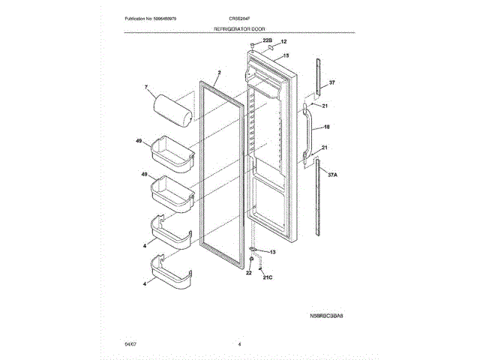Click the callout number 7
[147, 88]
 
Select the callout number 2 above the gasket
[218, 73]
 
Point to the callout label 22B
[267, 40]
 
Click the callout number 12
[283, 42]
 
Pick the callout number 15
[285, 55]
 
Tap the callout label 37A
[333, 173]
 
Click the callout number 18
[327, 127]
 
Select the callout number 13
[272, 252]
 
